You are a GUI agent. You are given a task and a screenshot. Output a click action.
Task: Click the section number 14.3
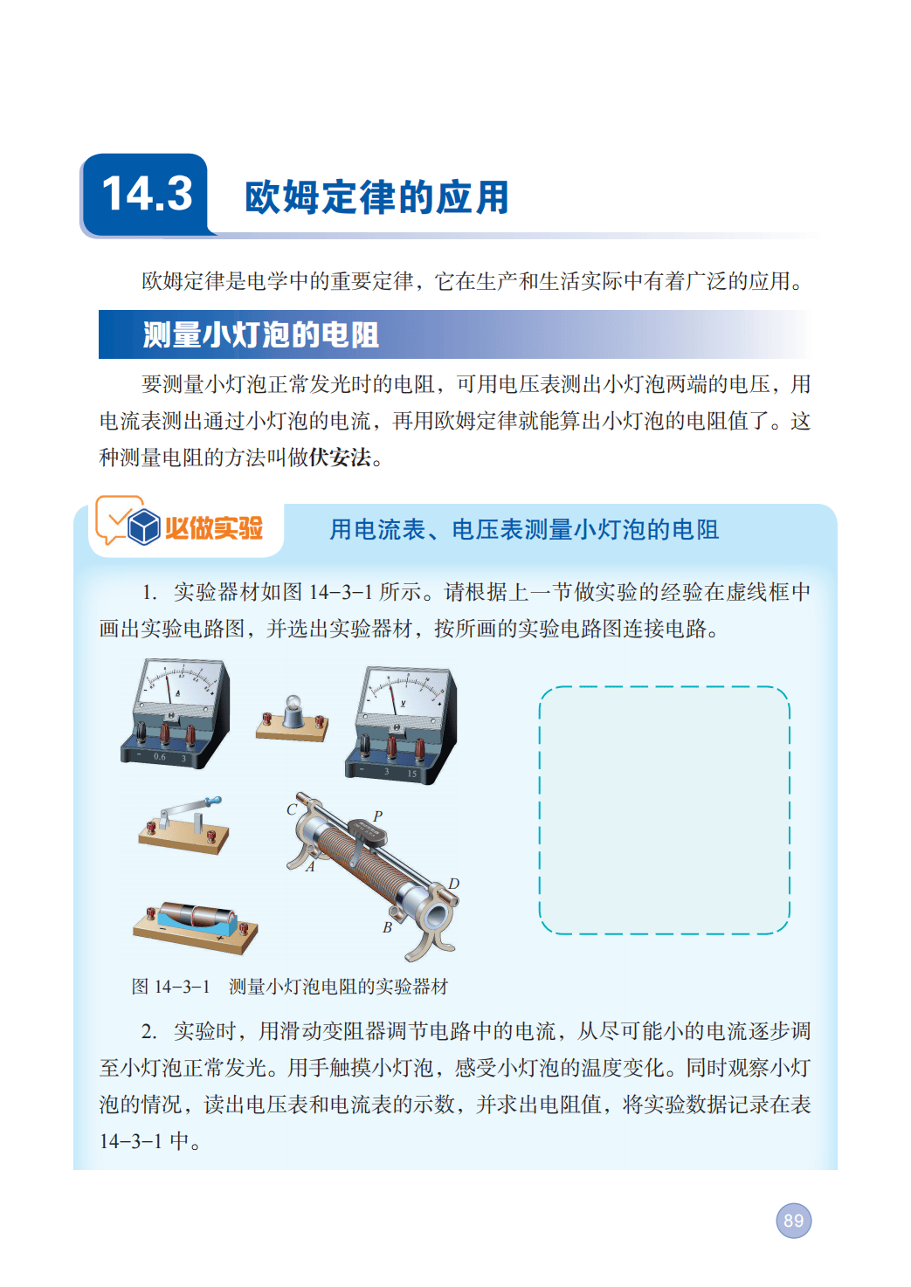147,193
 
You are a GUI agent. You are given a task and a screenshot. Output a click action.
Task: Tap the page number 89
793,1221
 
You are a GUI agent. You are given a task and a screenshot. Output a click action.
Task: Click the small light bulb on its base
293,705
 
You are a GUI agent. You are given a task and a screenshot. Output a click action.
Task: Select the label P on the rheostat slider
377,816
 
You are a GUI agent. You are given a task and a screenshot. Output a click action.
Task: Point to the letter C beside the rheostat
292,810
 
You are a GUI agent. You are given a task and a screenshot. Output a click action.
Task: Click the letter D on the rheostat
453,884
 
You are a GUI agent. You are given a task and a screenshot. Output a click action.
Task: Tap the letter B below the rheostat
388,927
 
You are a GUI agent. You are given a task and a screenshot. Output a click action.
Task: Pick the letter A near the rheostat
310,867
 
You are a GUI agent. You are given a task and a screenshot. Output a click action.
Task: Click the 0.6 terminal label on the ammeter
159,757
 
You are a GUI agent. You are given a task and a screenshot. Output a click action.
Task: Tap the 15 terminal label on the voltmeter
411,774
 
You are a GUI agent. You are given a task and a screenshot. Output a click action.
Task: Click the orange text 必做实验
214,528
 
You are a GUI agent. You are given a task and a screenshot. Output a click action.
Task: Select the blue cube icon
143,526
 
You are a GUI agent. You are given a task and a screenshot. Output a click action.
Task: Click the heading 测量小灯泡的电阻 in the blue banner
261,335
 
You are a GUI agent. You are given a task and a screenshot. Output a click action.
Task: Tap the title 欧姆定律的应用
377,197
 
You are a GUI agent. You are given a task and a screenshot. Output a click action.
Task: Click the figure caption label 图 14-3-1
170,987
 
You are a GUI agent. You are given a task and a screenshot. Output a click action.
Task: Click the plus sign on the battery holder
219,938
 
